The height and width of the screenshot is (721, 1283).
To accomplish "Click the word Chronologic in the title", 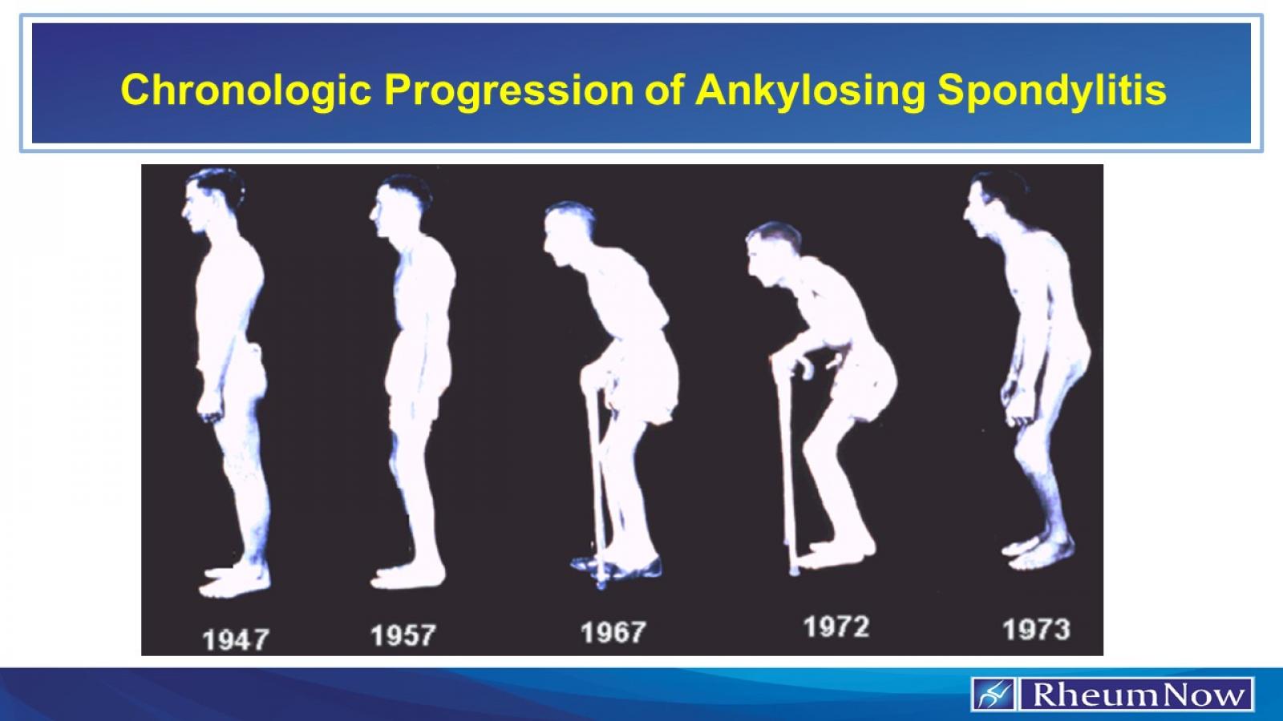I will [245, 90].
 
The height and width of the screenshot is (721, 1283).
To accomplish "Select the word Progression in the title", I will [508, 90].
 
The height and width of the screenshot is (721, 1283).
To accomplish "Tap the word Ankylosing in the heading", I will [810, 90].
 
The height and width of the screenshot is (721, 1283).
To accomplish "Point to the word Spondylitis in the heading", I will [1051, 90].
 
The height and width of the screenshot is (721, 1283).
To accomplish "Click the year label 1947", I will [236, 639].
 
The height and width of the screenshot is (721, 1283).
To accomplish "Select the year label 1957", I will [403, 635].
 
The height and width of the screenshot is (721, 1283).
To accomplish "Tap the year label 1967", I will [613, 632].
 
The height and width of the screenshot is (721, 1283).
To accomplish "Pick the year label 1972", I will [836, 626].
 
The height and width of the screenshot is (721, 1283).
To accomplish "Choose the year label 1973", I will [1036, 629].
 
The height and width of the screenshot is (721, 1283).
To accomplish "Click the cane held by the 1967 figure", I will [595, 481].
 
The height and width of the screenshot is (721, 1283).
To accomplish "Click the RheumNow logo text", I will [1137, 694].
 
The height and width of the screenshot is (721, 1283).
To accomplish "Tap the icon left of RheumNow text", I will [993, 694].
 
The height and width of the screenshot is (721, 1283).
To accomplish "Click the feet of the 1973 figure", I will [1038, 553].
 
